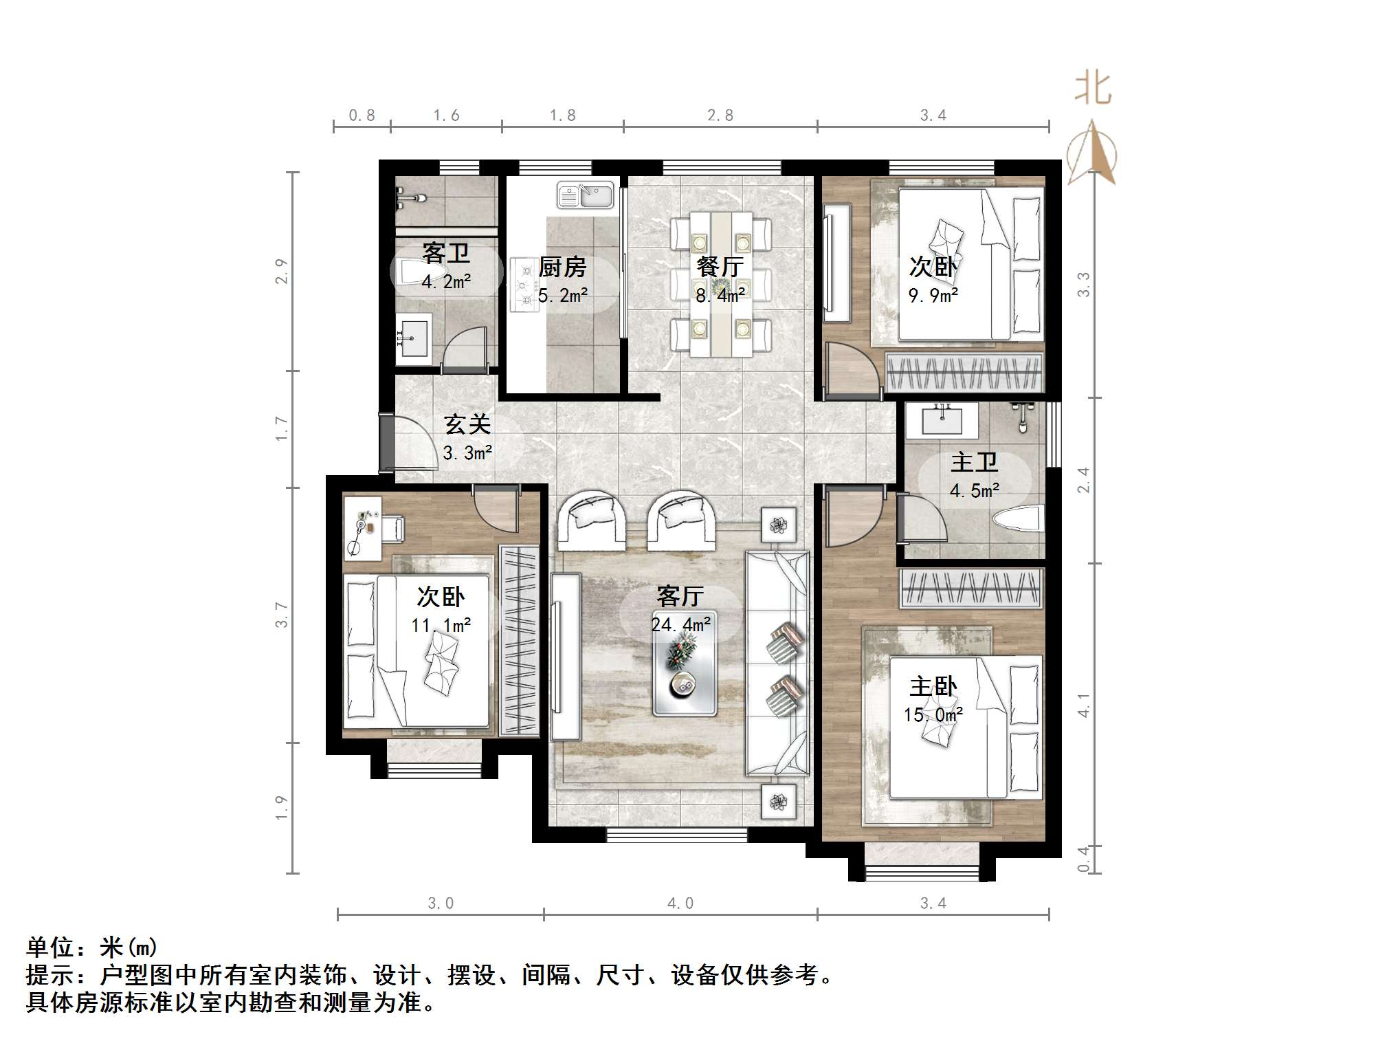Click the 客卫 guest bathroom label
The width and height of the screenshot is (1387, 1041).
[446, 254]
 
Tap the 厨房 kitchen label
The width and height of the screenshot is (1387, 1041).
[562, 267]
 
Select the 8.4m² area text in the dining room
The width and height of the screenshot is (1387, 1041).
[720, 296]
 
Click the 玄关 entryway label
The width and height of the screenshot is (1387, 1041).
[467, 424]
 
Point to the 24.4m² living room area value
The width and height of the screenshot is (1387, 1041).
[680, 624]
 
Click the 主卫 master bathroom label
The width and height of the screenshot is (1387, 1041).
[974, 462]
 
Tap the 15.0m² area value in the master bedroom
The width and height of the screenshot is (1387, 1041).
[933, 715]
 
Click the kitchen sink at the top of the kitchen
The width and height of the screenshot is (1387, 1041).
[586, 195]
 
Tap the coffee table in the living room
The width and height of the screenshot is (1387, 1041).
[685, 664]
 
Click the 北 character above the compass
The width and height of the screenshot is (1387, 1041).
[1092, 89]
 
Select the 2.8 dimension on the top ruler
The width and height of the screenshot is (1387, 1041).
[720, 116]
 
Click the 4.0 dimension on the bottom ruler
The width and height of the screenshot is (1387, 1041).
[680, 903]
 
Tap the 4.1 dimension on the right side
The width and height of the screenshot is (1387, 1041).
[1084, 705]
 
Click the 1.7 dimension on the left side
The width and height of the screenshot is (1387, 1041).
[281, 428]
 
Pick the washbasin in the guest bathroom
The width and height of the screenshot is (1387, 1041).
[413, 338]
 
